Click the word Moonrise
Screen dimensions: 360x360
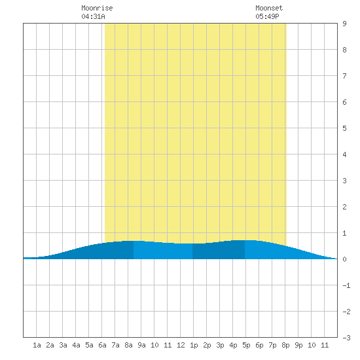(x=97, y=8)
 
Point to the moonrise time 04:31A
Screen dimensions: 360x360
(x=93, y=16)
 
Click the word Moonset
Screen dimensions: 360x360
(x=269, y=8)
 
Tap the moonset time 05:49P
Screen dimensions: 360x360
(x=267, y=16)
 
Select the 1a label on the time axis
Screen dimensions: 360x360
(x=37, y=345)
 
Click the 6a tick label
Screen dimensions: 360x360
(x=102, y=345)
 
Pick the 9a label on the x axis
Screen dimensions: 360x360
(x=141, y=345)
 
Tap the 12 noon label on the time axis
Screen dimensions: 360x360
(x=181, y=345)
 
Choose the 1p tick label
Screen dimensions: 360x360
(x=194, y=346)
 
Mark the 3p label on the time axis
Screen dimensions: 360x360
(x=220, y=346)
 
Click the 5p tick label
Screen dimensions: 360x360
(x=246, y=346)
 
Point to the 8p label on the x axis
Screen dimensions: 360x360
(x=285, y=346)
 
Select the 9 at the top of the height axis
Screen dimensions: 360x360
(x=344, y=24)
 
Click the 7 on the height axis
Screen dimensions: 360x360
(x=344, y=76)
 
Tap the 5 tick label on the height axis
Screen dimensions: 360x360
(x=344, y=128)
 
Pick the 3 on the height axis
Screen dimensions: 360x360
(x=344, y=181)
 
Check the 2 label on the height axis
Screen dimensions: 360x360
(x=344, y=207)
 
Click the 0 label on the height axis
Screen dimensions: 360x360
(x=344, y=259)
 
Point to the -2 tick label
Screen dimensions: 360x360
(x=346, y=312)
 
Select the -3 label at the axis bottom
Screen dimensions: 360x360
(x=346, y=338)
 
